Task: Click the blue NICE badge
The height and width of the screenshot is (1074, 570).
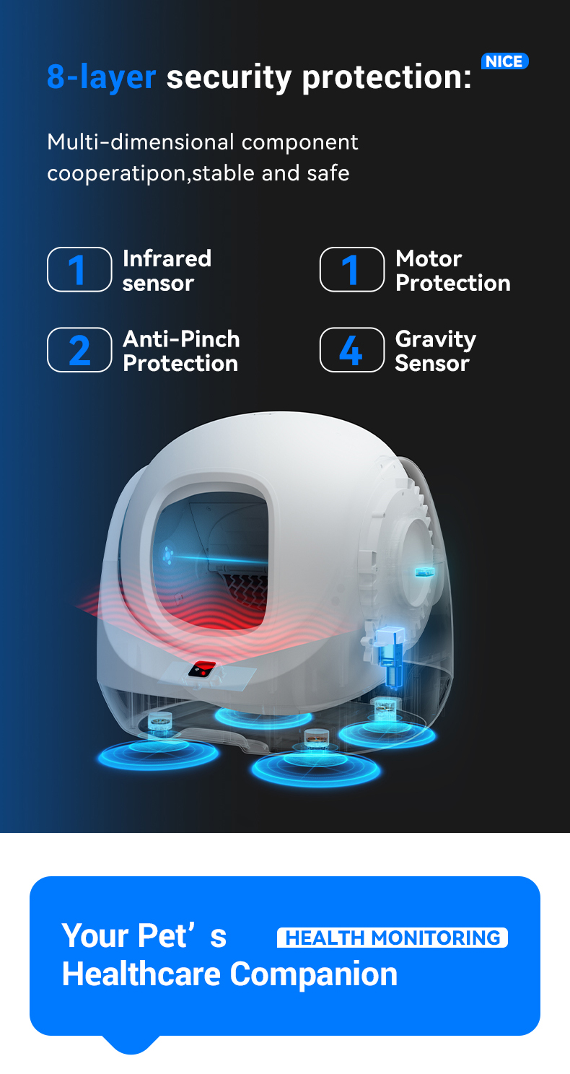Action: (505, 61)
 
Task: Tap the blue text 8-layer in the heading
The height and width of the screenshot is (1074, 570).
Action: (102, 77)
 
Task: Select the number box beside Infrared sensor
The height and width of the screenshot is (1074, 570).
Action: (79, 269)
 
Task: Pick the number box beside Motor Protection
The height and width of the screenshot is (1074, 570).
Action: (352, 269)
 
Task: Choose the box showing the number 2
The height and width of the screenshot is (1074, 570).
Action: (79, 350)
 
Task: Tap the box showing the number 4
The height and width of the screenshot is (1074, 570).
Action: (352, 350)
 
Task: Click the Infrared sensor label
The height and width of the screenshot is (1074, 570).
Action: (167, 271)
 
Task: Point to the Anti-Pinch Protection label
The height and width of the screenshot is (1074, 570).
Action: (181, 351)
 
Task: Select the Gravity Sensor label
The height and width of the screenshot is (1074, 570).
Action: (436, 351)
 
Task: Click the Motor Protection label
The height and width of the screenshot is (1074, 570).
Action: (453, 271)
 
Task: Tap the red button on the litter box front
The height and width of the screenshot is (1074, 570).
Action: (202, 669)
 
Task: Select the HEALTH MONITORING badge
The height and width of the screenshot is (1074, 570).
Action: (392, 938)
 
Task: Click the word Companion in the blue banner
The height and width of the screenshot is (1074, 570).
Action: (314, 974)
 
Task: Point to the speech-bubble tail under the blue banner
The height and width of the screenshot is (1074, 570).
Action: (131, 1044)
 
